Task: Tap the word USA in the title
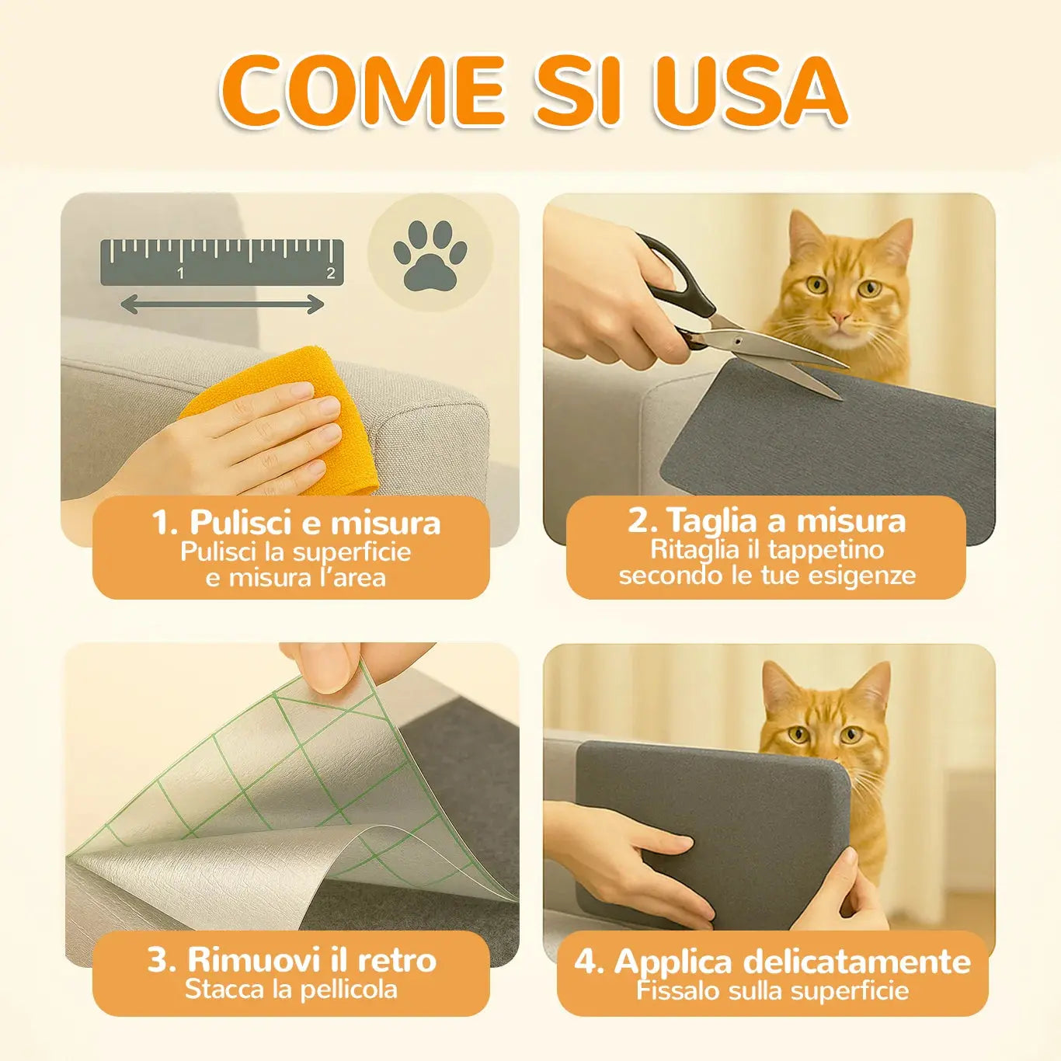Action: tap(741, 91)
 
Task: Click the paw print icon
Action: tap(430, 255)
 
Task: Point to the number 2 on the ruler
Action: tap(330, 273)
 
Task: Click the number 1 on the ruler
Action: tap(180, 273)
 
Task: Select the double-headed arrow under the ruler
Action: tap(222, 304)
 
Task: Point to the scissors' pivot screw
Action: tap(736, 342)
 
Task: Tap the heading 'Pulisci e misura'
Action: tap(296, 522)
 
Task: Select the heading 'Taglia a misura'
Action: tap(767, 520)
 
